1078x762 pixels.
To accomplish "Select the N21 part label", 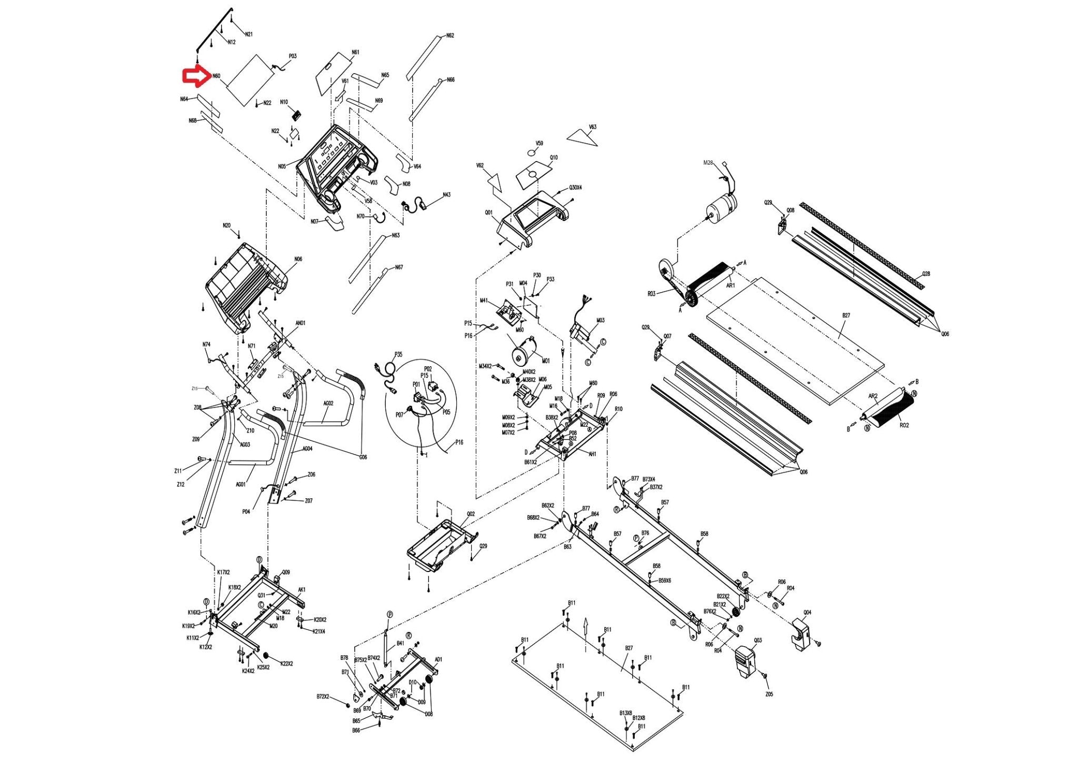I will (x=249, y=35).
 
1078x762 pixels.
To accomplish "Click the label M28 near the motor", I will (x=708, y=163).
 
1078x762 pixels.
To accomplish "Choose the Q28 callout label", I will (x=926, y=274).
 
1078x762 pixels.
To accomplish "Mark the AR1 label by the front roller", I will (x=730, y=286).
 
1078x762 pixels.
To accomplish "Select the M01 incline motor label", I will (x=545, y=361).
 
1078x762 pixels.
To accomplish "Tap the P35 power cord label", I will (x=398, y=355).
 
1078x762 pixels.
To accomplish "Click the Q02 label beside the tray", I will (x=470, y=514).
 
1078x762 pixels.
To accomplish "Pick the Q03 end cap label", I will (x=757, y=640).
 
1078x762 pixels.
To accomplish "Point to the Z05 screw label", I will (x=769, y=694).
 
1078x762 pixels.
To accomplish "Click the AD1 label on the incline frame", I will (x=438, y=659).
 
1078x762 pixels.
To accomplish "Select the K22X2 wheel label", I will (x=287, y=664).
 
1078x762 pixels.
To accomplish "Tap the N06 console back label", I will (x=298, y=259).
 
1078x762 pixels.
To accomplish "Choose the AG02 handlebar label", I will (x=328, y=404).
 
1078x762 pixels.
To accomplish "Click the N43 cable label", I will (x=446, y=195).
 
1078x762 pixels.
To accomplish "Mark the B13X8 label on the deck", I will (x=625, y=713).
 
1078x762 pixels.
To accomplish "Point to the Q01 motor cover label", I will (x=488, y=213).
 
